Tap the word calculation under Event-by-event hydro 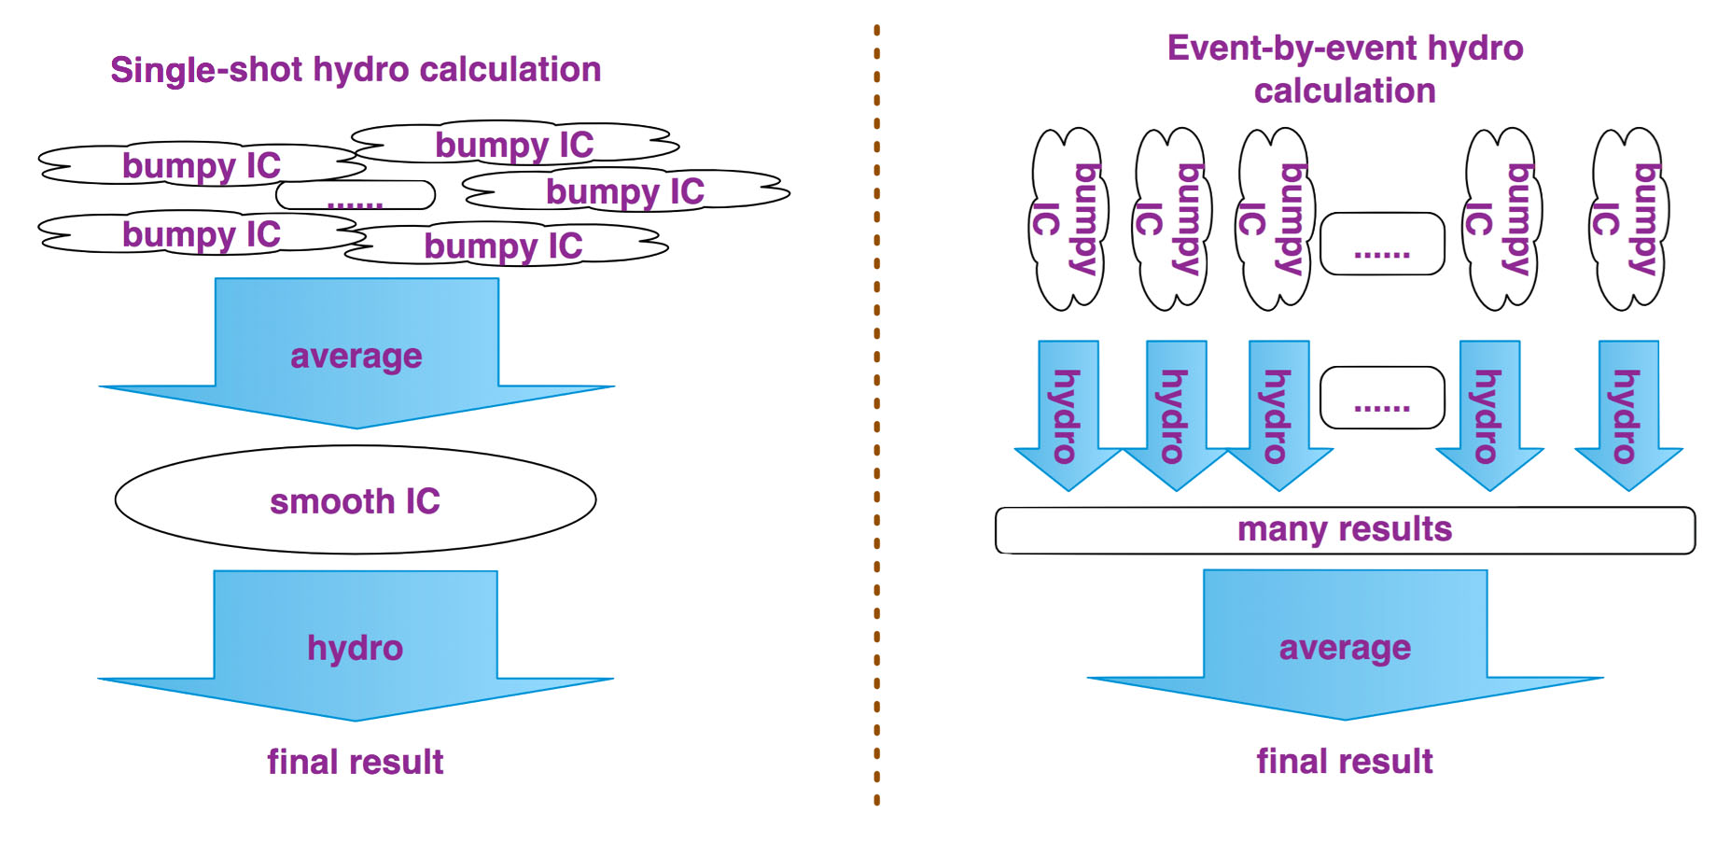click(1345, 91)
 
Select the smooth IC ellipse click(356, 499)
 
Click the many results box click(1345, 530)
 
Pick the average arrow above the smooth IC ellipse click(356, 353)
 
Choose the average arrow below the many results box click(1345, 645)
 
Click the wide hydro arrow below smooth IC click(356, 646)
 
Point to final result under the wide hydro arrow click(356, 762)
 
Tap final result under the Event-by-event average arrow click(1345, 761)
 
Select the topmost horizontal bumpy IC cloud click(515, 144)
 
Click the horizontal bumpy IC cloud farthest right click(626, 191)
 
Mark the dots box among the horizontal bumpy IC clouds click(356, 195)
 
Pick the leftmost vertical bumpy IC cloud click(1069, 219)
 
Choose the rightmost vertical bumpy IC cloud click(1629, 219)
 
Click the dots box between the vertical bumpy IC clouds click(1382, 244)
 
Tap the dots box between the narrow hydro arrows click(1382, 398)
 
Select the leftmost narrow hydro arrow click(1069, 415)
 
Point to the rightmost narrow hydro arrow click(1629, 415)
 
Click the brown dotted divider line click(877, 415)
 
